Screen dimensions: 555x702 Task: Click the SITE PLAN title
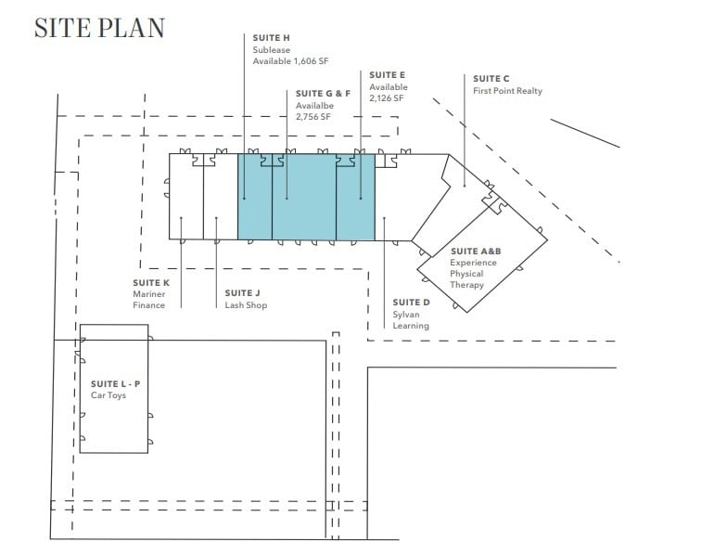pyautogui.click(x=98, y=28)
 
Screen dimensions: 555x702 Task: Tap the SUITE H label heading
pyautogui.click(x=272, y=37)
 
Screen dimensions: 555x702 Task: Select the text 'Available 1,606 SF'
pyautogui.click(x=290, y=61)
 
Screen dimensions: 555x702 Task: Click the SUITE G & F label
pyautogui.click(x=323, y=94)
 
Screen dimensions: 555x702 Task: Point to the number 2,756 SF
pyautogui.click(x=313, y=118)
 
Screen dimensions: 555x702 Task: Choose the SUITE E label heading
pyautogui.click(x=388, y=74)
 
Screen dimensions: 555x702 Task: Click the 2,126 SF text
pyautogui.click(x=386, y=98)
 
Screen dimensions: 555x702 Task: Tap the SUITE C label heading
pyautogui.click(x=491, y=79)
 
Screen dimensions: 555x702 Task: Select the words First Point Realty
pyautogui.click(x=507, y=91)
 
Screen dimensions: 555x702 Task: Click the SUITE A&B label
pyautogui.click(x=473, y=251)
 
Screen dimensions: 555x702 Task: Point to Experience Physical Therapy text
pyautogui.click(x=473, y=274)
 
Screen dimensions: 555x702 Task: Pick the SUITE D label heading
pyautogui.click(x=411, y=302)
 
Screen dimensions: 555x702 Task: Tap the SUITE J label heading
pyautogui.click(x=243, y=293)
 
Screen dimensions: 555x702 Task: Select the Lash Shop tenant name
pyautogui.click(x=246, y=305)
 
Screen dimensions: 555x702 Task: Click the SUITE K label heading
pyautogui.click(x=151, y=281)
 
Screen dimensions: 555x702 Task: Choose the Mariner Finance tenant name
pyautogui.click(x=149, y=299)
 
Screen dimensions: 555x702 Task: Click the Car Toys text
pyautogui.click(x=108, y=395)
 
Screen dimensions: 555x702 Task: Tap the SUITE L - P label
pyautogui.click(x=115, y=383)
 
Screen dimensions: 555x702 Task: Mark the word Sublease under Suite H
pyautogui.click(x=271, y=49)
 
